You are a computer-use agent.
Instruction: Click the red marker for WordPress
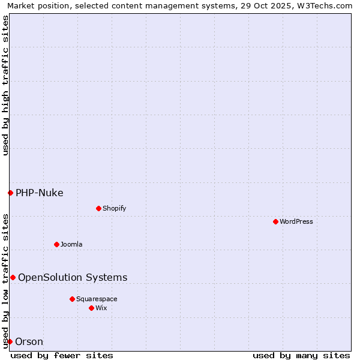(x=275, y=221)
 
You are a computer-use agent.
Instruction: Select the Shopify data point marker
(x=98, y=208)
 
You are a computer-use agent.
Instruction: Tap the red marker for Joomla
(x=56, y=244)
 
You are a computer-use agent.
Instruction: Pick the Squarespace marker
(x=72, y=299)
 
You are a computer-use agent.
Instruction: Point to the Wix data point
(x=91, y=308)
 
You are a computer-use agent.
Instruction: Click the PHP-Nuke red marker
(x=10, y=193)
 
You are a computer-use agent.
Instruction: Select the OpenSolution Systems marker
(x=13, y=277)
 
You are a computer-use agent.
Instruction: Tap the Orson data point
(x=10, y=341)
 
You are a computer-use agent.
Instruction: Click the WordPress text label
(x=296, y=221)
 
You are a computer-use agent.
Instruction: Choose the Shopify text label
(x=115, y=208)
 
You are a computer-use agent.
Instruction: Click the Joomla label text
(x=71, y=244)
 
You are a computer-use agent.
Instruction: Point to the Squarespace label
(x=97, y=299)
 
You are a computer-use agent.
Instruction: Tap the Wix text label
(x=101, y=308)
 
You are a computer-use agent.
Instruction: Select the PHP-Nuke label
(x=40, y=193)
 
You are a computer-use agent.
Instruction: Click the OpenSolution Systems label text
(x=73, y=277)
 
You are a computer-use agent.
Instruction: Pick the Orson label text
(x=29, y=341)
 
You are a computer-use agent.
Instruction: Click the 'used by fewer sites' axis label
(x=62, y=355)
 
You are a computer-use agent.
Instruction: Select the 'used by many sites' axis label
(x=301, y=355)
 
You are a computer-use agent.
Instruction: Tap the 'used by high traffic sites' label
(x=5, y=85)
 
